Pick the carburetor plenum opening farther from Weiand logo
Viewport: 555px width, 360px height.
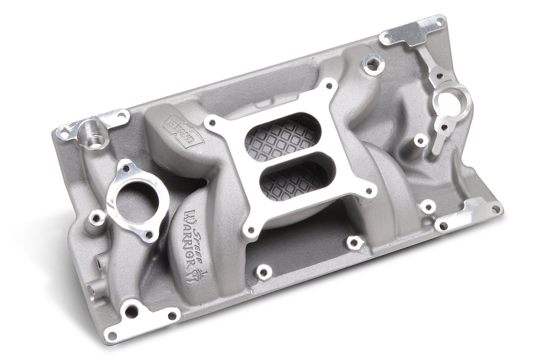(x=295, y=179)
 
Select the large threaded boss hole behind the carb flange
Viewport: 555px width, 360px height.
(x=373, y=64)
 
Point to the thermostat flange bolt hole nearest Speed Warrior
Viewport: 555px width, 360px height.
(x=148, y=234)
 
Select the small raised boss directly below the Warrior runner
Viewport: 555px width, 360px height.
(x=263, y=272)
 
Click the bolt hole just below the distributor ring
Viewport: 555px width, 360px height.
(x=444, y=127)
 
